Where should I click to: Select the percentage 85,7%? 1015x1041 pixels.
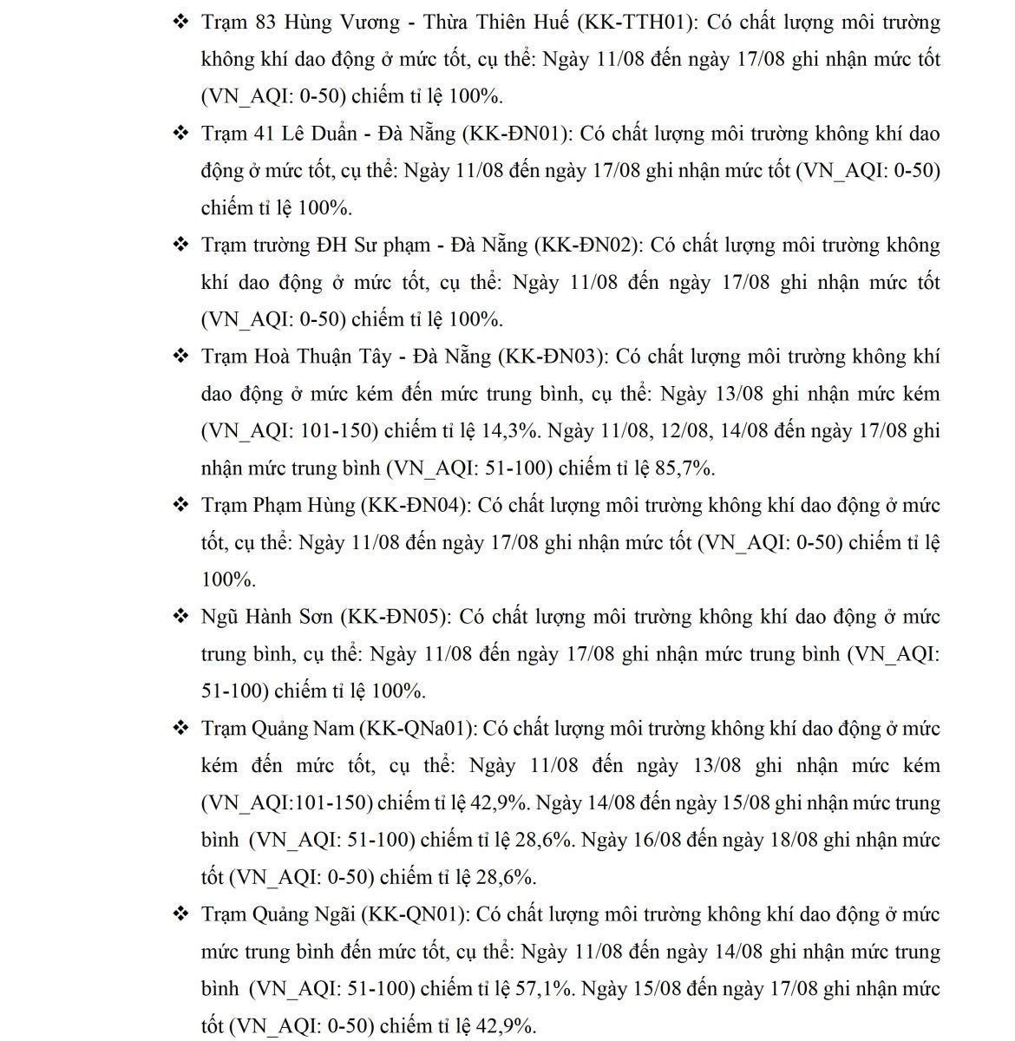[685, 468]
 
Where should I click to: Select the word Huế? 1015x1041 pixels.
[553, 23]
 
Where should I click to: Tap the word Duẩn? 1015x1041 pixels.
[331, 134]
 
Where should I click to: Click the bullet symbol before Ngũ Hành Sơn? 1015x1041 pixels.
[180, 617]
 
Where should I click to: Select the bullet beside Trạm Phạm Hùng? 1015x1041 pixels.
[180, 505]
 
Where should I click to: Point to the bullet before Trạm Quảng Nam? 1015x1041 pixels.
[180, 728]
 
